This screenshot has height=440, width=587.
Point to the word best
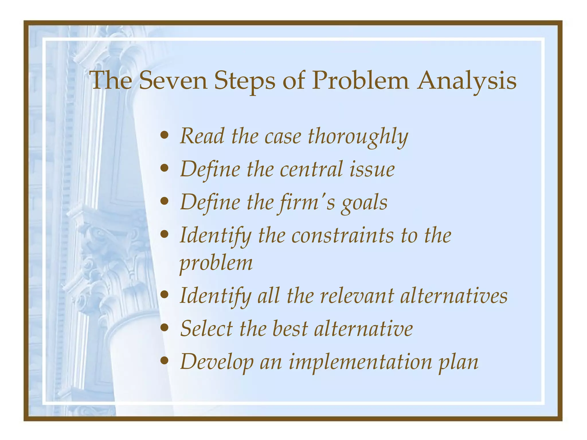click(x=290, y=329)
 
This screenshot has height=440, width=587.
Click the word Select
click(x=206, y=329)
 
